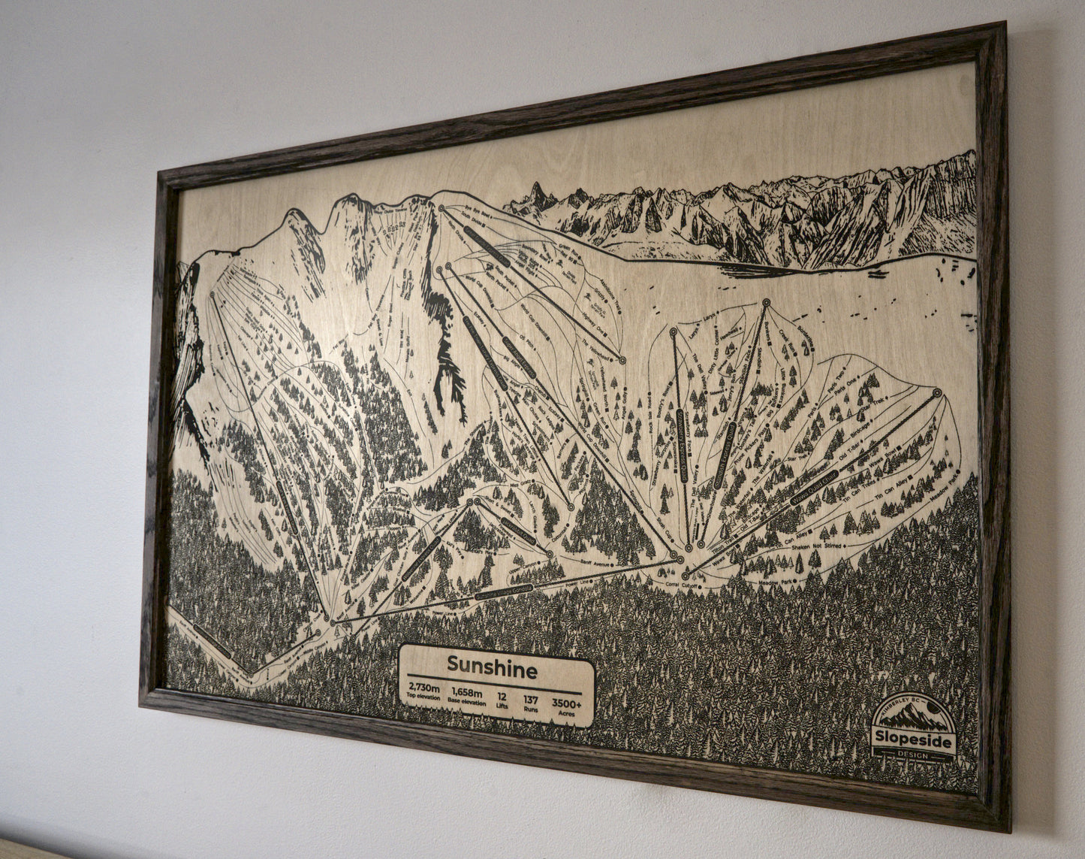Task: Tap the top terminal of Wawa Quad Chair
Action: (x=936, y=392)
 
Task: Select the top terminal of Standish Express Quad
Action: (x=766, y=303)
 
